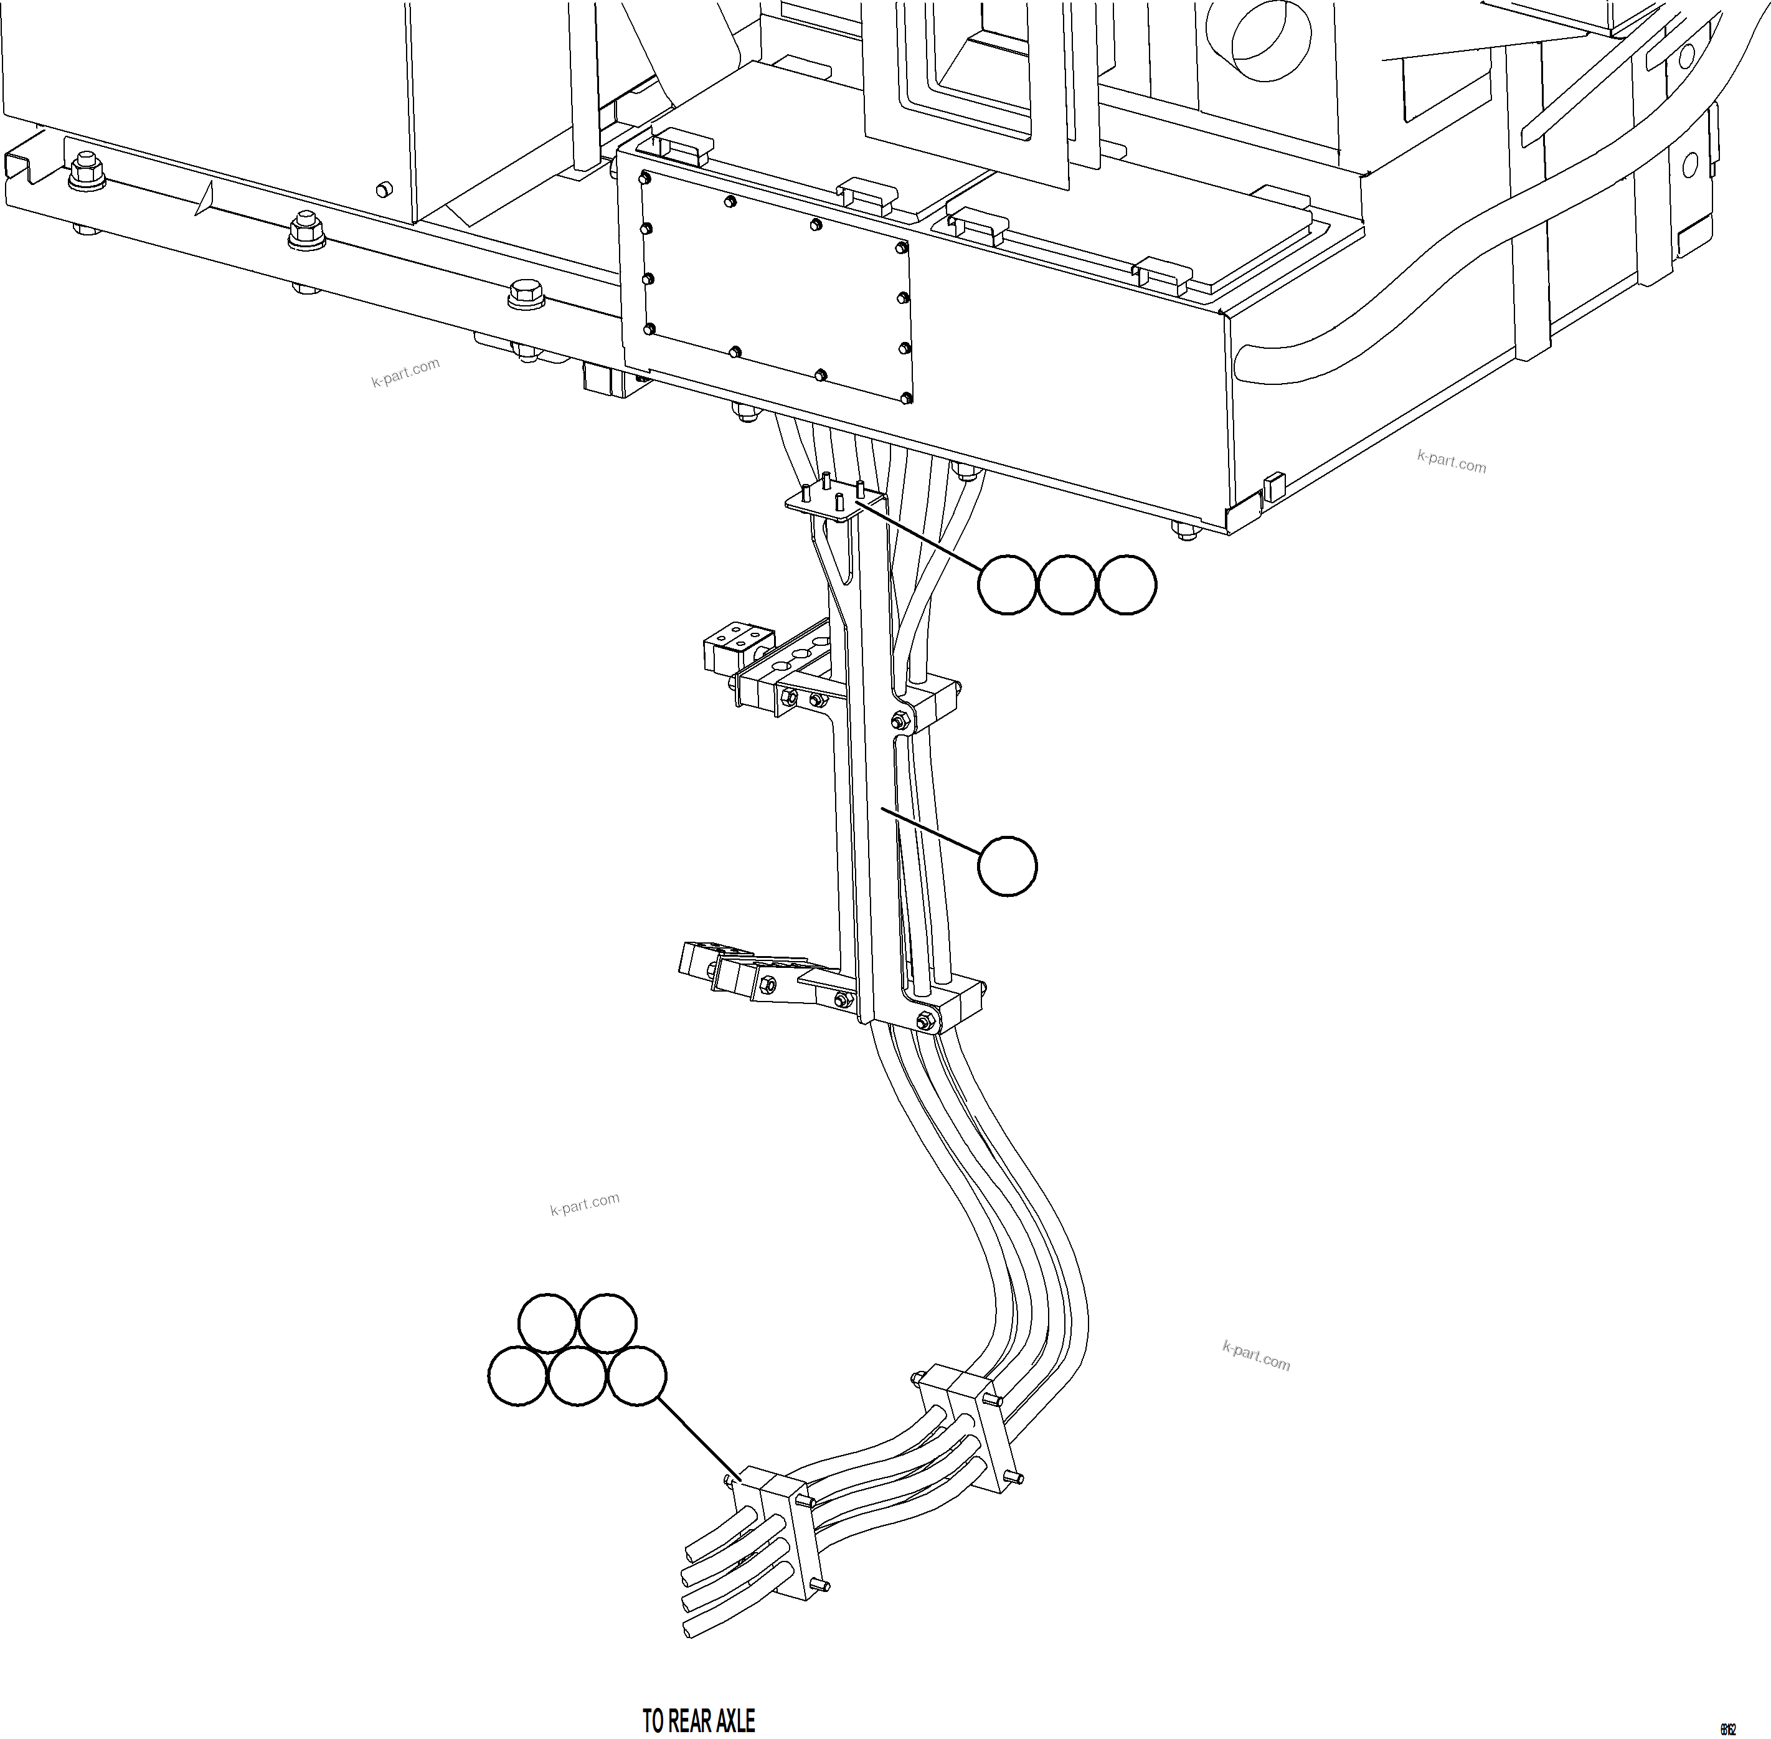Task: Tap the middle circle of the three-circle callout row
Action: tap(1066, 584)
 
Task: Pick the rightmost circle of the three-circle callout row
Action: tap(1126, 584)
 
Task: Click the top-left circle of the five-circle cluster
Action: tap(547, 1322)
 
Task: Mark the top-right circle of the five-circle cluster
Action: tap(607, 1322)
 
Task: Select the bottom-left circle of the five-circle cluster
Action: tap(518, 1375)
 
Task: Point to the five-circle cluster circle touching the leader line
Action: tap(636, 1375)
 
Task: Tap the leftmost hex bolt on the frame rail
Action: tap(87, 170)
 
